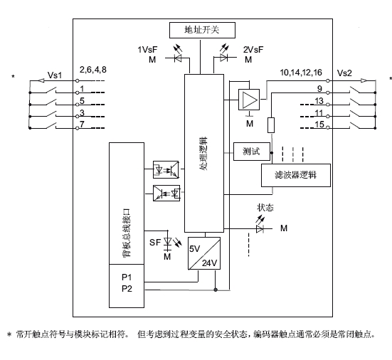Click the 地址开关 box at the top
point(202,31)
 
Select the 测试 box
point(252,152)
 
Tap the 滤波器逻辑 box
point(296,175)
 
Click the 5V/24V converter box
point(204,253)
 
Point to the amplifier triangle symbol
point(249,100)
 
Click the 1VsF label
point(147,50)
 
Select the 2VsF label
point(253,50)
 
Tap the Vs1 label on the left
point(55,75)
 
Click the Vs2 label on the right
point(344,73)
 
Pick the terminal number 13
point(319,101)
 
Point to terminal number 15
point(319,125)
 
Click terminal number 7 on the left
point(82,124)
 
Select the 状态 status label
point(265,208)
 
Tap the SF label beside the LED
point(155,242)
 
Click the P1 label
point(127,277)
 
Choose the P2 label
point(127,289)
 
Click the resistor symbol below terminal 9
point(271,125)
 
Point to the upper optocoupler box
point(166,169)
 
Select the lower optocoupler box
point(166,193)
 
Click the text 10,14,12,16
point(301,73)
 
